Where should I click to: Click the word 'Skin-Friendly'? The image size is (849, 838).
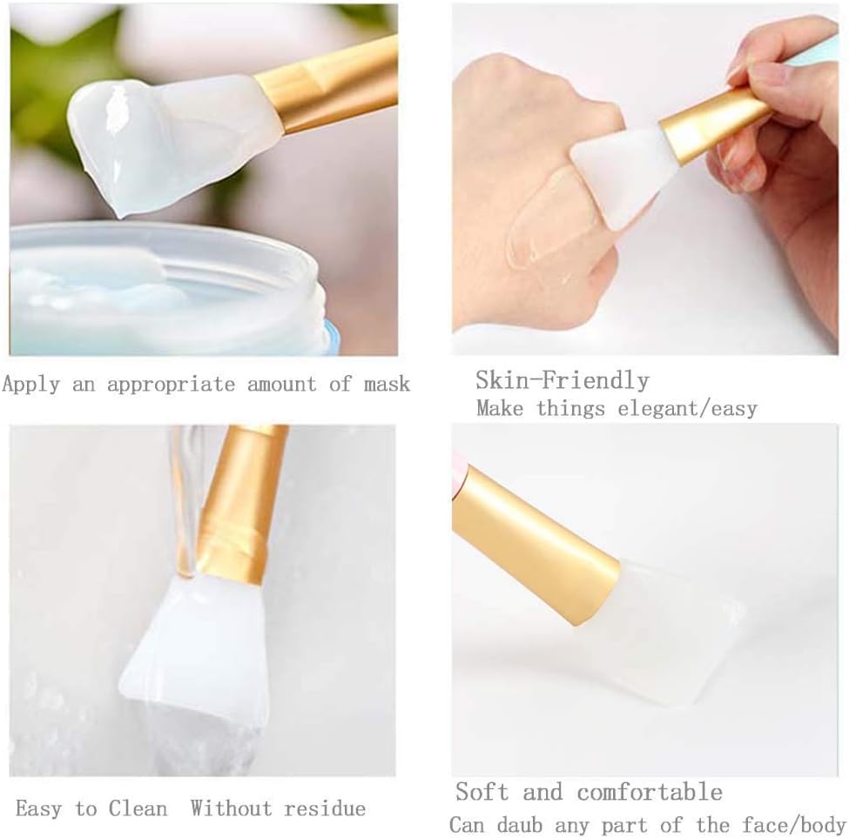(x=562, y=380)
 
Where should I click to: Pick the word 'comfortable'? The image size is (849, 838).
(x=649, y=792)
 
